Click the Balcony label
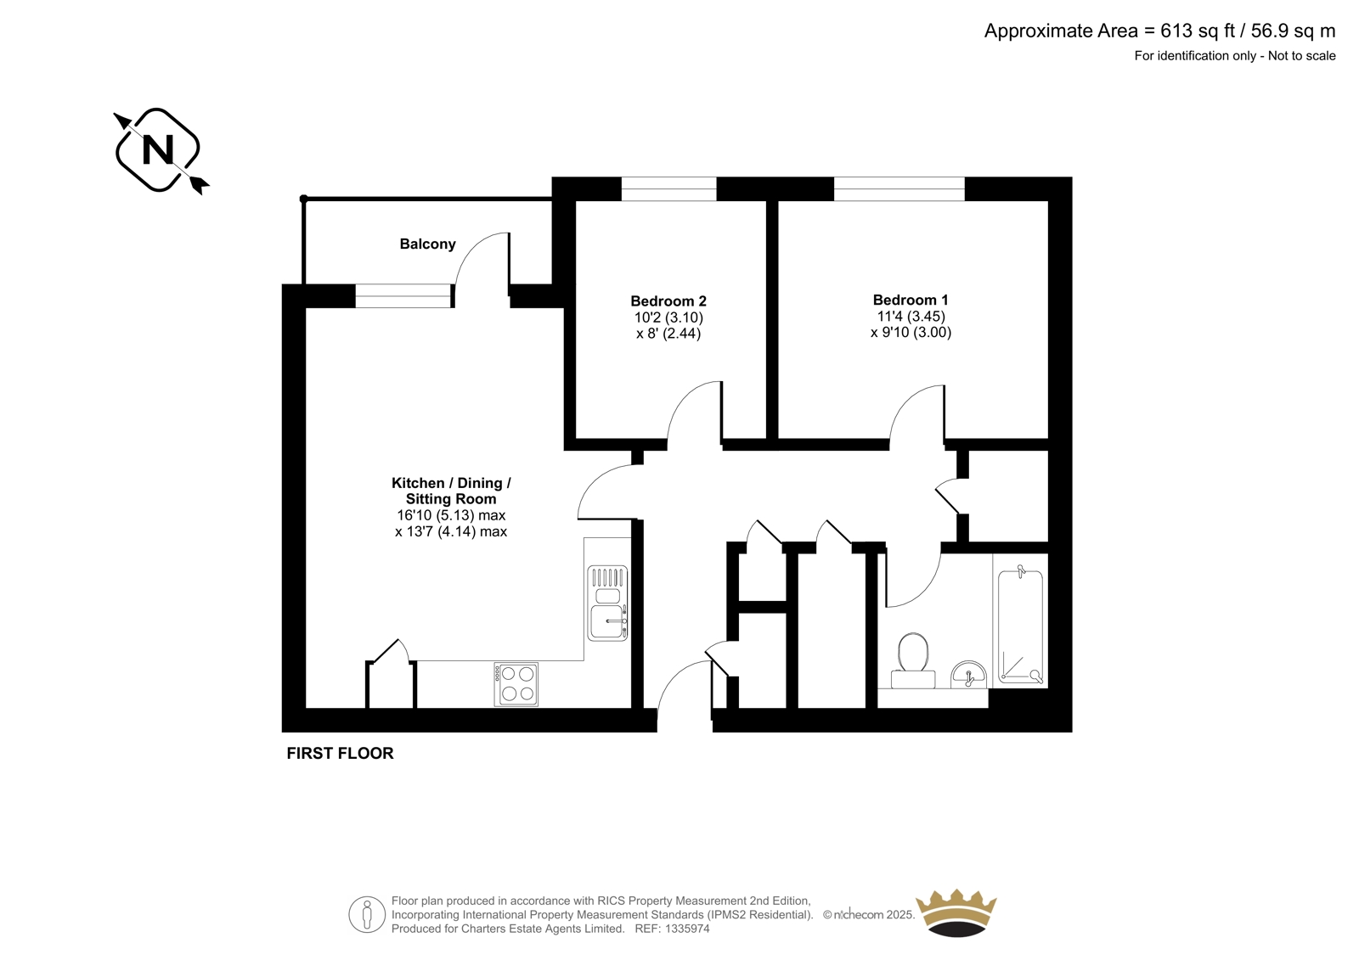(427, 244)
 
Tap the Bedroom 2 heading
(668, 300)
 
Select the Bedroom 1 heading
(910, 300)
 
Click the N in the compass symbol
(158, 149)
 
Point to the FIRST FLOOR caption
(340, 753)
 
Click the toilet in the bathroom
(912, 660)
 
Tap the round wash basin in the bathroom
(968, 674)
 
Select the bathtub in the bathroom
(1020, 626)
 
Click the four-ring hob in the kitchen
(516, 684)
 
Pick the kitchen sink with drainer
(607, 603)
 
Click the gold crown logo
(956, 912)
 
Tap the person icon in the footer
(367, 914)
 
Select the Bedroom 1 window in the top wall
(899, 188)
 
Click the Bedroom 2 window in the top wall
(668, 188)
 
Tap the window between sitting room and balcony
(404, 296)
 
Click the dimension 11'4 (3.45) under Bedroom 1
(911, 316)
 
